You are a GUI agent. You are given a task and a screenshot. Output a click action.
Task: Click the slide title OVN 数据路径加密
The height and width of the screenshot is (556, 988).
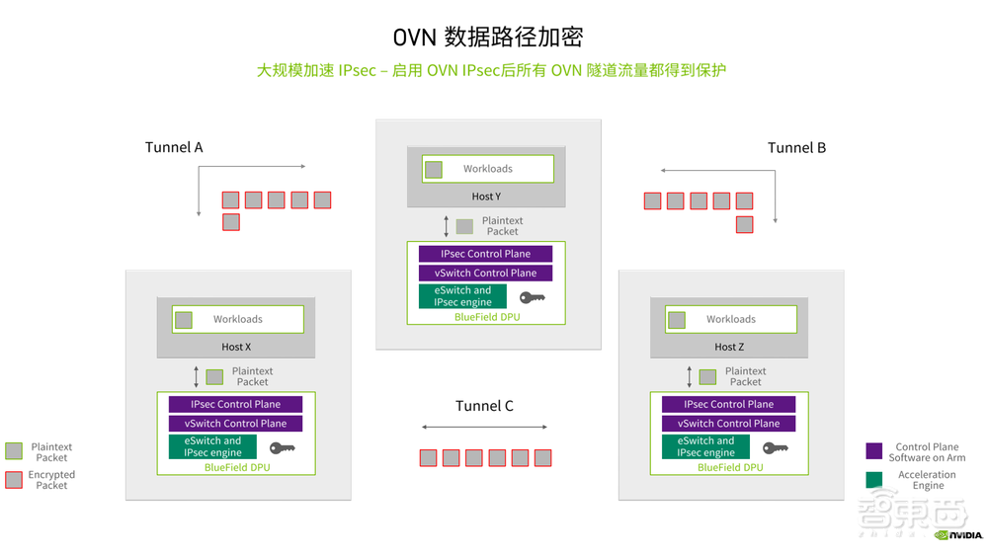pos(488,37)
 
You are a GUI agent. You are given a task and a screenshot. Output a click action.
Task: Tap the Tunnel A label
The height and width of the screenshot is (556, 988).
pos(174,147)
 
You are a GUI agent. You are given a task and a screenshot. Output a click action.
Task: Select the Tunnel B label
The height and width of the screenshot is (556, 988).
pos(796,147)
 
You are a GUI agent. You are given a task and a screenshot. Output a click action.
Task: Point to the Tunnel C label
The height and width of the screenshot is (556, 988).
pos(484,406)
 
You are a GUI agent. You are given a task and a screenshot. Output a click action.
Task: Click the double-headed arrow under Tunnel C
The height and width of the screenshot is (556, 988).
pos(484,428)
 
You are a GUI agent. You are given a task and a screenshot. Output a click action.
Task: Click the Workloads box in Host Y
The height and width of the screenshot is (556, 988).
pos(487,169)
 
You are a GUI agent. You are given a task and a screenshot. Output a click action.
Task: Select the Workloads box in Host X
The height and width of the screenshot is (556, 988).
pos(237,319)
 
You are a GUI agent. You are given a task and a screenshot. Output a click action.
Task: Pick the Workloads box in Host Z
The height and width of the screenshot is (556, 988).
pos(730,319)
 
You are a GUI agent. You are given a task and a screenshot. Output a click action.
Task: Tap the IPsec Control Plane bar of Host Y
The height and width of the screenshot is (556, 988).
pos(485,254)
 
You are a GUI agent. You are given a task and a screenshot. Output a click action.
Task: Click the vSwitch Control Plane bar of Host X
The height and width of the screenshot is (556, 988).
pos(235,424)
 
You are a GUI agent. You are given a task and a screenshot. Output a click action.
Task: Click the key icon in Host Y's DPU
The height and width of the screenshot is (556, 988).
pos(532,297)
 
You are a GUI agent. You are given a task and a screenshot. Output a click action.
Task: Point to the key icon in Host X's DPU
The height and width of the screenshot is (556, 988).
pos(283,448)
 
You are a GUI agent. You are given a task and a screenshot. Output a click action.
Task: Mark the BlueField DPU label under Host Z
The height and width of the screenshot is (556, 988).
pos(730,467)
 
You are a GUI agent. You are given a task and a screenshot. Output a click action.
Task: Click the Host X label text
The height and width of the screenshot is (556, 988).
pos(236,347)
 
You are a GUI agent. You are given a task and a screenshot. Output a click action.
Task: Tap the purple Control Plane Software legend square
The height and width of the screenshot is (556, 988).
pos(873,451)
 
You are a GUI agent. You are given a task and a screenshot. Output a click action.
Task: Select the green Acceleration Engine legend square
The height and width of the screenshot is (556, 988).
pos(873,480)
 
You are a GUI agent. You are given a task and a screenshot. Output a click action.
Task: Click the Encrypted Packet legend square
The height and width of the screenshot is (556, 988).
pos(14,480)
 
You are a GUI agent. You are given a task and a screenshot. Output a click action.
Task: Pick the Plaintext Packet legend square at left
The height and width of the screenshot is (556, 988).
pos(14,451)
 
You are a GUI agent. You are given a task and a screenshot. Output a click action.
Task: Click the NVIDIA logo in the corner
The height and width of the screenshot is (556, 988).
pos(958,535)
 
